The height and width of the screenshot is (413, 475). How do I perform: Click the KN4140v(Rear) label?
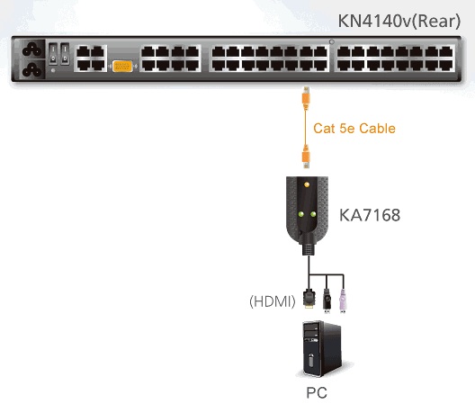tap(399, 22)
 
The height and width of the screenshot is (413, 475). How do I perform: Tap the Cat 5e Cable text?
tap(354, 128)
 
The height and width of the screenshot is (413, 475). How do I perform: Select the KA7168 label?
tap(370, 215)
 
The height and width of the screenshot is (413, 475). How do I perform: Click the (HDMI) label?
tap(272, 301)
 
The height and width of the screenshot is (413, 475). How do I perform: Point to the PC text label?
tap(317, 392)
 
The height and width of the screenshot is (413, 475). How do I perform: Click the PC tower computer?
tap(323, 349)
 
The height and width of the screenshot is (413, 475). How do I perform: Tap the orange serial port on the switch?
tap(122, 66)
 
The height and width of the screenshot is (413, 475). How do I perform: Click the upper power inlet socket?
tap(32, 49)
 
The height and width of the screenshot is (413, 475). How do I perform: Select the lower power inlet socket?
tap(32, 69)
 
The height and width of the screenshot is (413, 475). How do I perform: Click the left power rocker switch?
tap(53, 54)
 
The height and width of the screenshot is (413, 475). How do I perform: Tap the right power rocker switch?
tap(65, 54)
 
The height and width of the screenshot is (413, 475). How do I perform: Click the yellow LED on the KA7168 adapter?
tap(307, 184)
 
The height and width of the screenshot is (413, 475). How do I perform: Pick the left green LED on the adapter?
tap(300, 214)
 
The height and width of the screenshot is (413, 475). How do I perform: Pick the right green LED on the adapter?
tap(313, 214)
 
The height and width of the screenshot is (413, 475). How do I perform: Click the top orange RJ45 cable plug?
tap(306, 98)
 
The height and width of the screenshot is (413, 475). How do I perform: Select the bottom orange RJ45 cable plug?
tap(306, 157)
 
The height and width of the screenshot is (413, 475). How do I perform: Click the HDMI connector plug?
tap(309, 299)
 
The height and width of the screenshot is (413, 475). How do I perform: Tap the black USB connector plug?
tap(327, 301)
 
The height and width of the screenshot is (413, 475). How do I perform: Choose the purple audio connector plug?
tap(343, 301)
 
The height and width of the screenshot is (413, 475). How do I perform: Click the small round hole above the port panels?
tap(332, 41)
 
